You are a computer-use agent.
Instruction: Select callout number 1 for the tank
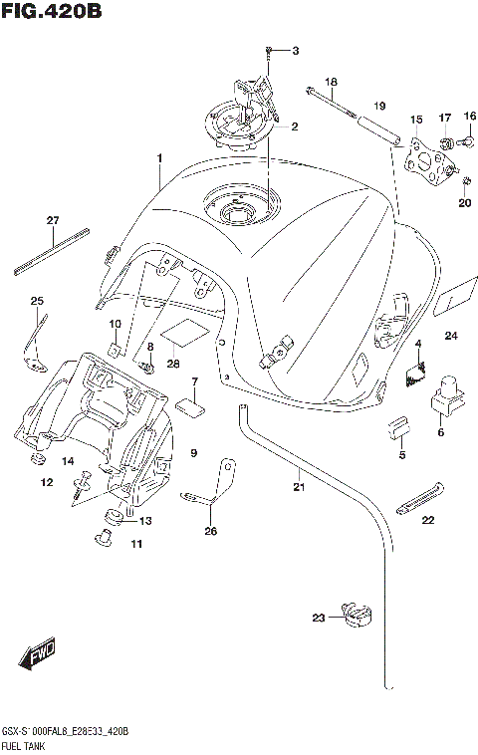click(x=158, y=158)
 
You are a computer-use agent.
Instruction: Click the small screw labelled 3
click(x=269, y=50)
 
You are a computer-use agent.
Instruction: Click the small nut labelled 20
click(x=438, y=179)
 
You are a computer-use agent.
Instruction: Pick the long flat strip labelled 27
click(x=53, y=250)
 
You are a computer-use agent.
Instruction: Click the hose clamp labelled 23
click(x=355, y=617)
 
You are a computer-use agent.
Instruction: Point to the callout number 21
click(x=298, y=487)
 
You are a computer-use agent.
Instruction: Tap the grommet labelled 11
click(x=102, y=540)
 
